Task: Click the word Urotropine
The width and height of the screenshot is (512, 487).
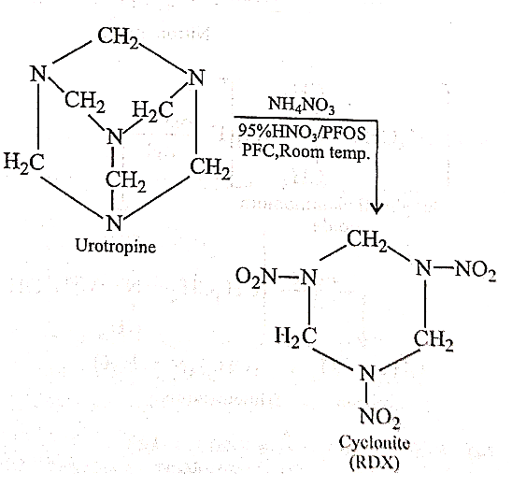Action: point(116,246)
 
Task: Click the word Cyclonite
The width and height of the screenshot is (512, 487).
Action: point(375,444)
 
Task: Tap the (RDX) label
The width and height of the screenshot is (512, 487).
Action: point(375,463)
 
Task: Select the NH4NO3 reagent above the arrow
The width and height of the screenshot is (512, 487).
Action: point(301,106)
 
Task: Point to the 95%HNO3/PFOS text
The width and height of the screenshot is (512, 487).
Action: point(302,133)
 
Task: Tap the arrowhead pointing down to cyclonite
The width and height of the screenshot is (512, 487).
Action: point(377,208)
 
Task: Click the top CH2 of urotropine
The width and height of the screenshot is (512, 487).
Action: point(118,37)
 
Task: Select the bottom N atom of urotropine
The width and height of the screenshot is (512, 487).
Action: point(114,222)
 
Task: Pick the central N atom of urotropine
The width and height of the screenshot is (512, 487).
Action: point(115,136)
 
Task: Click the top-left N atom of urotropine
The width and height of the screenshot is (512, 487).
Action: point(39,74)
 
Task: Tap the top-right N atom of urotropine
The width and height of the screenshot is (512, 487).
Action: point(196,78)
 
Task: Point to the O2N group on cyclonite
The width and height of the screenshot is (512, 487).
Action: point(256,277)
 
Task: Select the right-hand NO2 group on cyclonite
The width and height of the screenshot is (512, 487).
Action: point(476,271)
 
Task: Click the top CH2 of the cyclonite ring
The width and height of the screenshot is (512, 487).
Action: point(366,240)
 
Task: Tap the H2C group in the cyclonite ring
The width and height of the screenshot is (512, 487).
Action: point(296,337)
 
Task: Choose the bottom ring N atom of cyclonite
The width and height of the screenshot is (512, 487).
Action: point(367,373)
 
